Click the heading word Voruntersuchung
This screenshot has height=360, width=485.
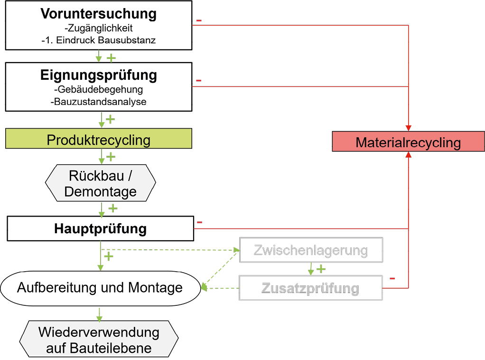[x=98, y=14]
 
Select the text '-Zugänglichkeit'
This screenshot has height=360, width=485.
[x=98, y=29]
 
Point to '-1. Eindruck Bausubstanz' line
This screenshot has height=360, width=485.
[x=98, y=40]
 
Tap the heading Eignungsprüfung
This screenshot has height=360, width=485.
[x=98, y=76]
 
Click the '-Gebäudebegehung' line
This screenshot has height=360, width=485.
[x=98, y=89]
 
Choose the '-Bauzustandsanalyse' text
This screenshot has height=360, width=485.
[x=98, y=101]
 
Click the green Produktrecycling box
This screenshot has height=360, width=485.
[x=98, y=140]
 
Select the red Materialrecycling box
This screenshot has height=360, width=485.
[x=408, y=142]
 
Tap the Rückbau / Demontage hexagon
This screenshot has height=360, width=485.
[x=100, y=183]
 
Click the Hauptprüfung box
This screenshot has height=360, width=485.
[x=100, y=229]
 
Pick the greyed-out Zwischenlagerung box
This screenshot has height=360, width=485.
[x=311, y=250]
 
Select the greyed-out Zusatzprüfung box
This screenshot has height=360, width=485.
[x=311, y=288]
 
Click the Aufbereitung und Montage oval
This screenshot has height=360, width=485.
[x=100, y=287]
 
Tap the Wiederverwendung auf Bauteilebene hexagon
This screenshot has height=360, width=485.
[x=99, y=340]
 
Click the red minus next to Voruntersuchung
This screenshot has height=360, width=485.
[x=199, y=20]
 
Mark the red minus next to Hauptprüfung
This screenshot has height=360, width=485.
[x=200, y=222]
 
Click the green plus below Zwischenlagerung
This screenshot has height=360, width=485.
[x=321, y=269]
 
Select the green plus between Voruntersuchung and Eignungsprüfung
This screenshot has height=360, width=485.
[x=111, y=57]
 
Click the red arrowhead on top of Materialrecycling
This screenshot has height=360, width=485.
[x=408, y=128]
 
